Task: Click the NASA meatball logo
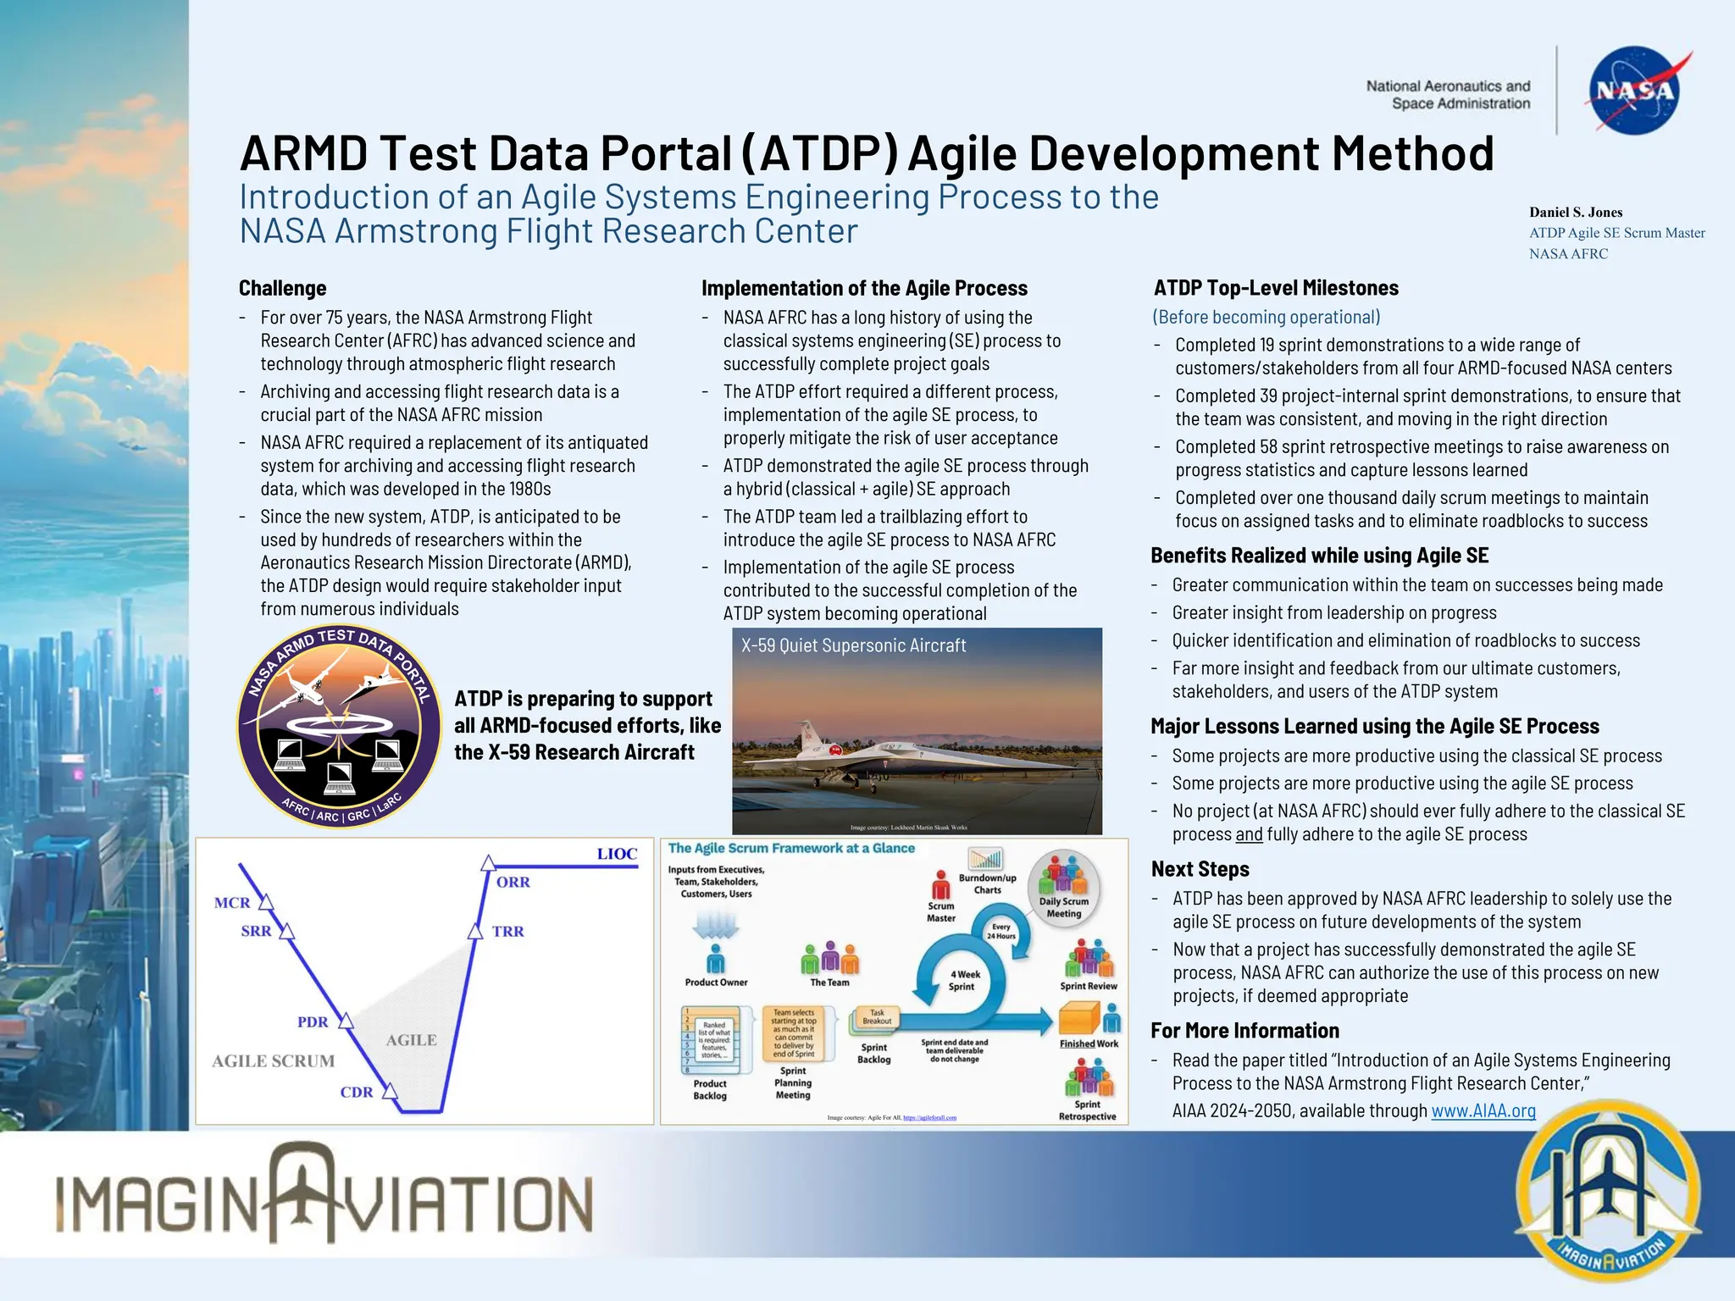(1634, 91)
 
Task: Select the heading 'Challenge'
(282, 288)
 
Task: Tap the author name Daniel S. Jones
(1575, 213)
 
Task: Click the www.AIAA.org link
(1483, 1110)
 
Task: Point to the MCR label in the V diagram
(232, 903)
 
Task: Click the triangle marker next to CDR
(390, 1091)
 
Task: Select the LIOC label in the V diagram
(617, 854)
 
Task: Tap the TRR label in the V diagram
(507, 932)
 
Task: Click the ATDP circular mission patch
(339, 727)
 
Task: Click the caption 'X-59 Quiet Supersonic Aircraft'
(853, 645)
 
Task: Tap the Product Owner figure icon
(716, 960)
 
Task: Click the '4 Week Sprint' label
(963, 981)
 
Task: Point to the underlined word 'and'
(1249, 834)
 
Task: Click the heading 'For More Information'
(1244, 1031)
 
